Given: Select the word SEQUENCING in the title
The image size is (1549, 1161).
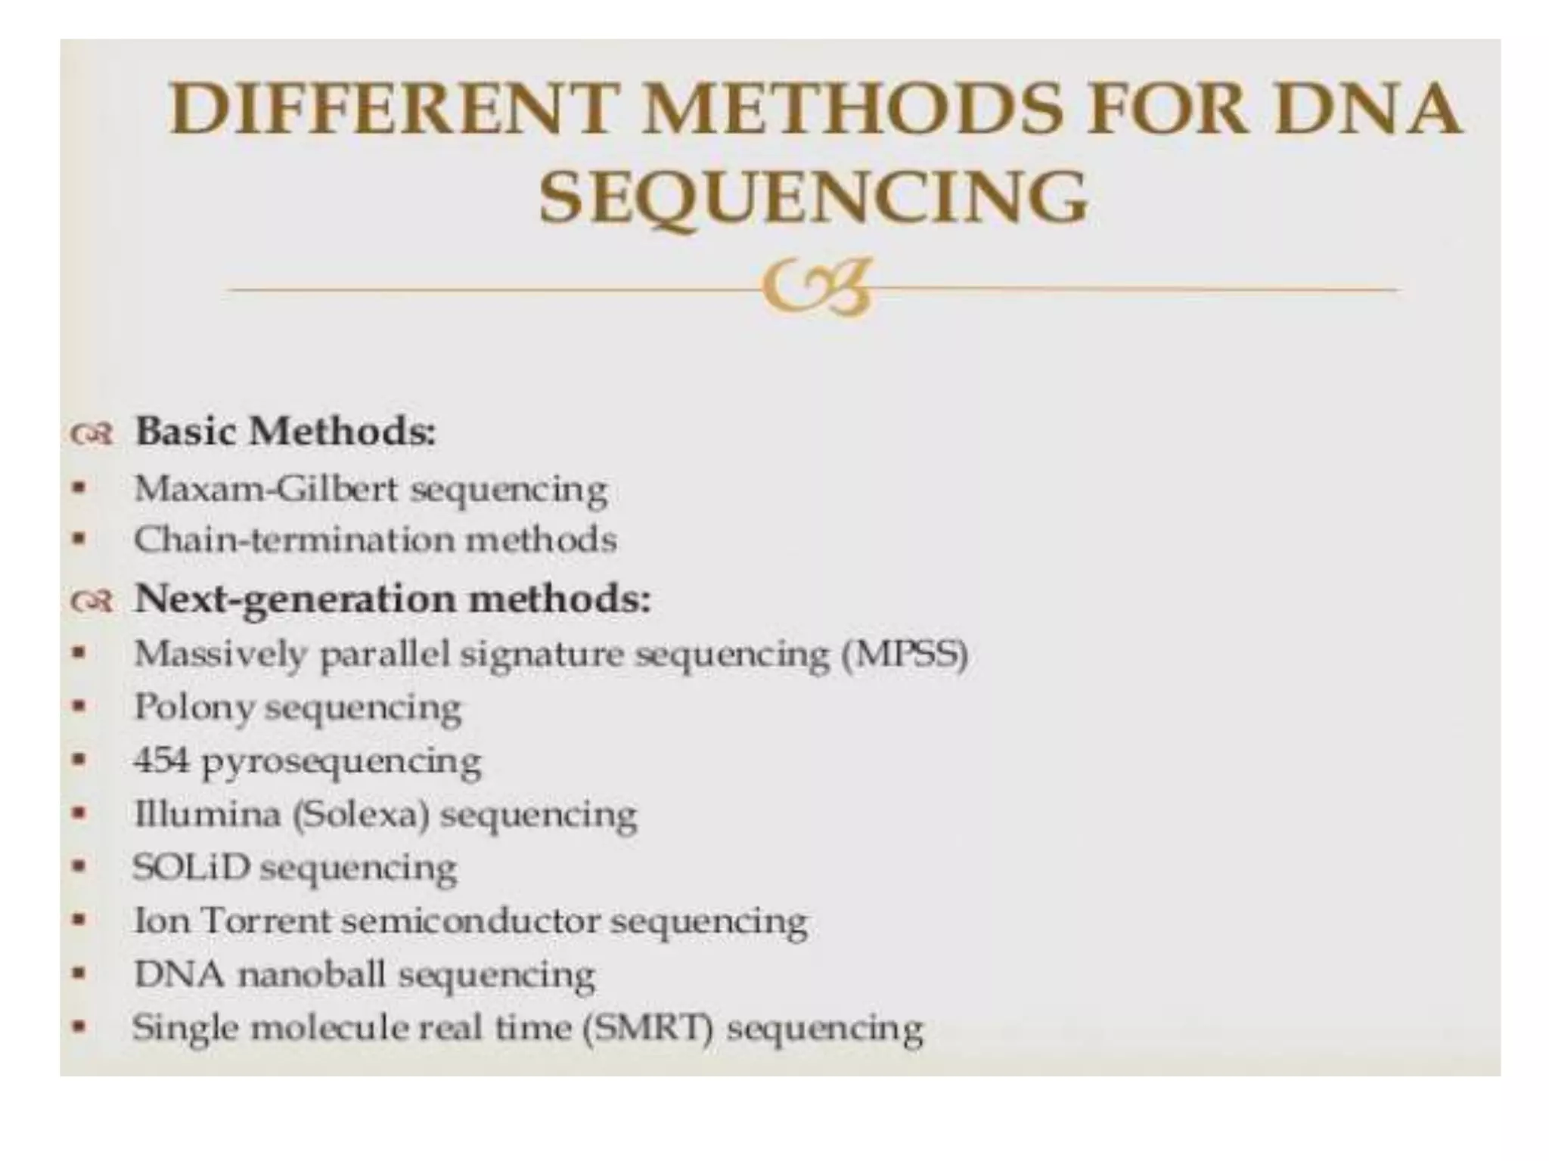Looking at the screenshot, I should point(812,197).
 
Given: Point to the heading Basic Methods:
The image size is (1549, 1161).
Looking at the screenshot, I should point(285,432).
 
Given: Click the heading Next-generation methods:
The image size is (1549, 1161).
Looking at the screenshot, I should point(392,599).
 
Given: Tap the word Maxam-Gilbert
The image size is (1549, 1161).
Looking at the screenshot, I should point(265,489).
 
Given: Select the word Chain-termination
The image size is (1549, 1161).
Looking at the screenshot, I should point(292,540).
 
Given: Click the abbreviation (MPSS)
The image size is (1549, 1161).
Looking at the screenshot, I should point(905,654).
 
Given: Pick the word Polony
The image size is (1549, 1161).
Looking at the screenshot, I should point(193,707).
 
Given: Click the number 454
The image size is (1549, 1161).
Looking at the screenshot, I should point(160,760).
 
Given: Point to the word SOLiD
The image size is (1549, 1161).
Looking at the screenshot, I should point(191,867).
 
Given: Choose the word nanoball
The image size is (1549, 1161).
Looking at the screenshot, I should point(312,974).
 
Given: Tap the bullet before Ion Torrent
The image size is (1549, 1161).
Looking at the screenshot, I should point(78,921).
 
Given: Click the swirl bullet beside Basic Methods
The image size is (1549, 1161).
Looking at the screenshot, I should point(91,435).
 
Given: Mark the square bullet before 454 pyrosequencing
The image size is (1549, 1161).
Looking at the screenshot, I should point(78,760).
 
